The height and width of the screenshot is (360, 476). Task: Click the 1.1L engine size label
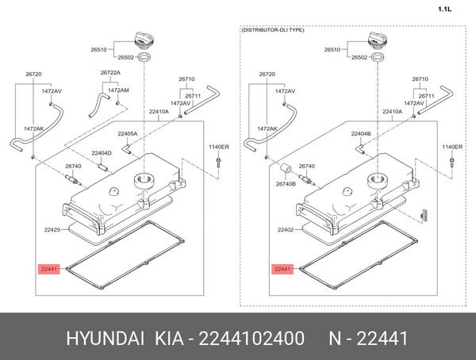pyautogui.click(x=444, y=10)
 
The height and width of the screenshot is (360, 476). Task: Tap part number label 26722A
pyautogui.click(x=111, y=72)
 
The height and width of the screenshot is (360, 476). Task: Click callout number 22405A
pyautogui.click(x=127, y=134)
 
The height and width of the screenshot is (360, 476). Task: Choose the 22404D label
pyautogui.click(x=101, y=152)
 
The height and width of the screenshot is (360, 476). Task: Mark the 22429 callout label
pyautogui.click(x=52, y=230)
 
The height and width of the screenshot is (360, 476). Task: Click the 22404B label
pyautogui.click(x=361, y=134)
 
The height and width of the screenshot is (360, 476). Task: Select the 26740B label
pyautogui.click(x=286, y=184)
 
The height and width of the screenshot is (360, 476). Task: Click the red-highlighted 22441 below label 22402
pyautogui.click(x=282, y=270)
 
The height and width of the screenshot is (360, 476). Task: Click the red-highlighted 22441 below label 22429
pyautogui.click(x=48, y=270)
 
